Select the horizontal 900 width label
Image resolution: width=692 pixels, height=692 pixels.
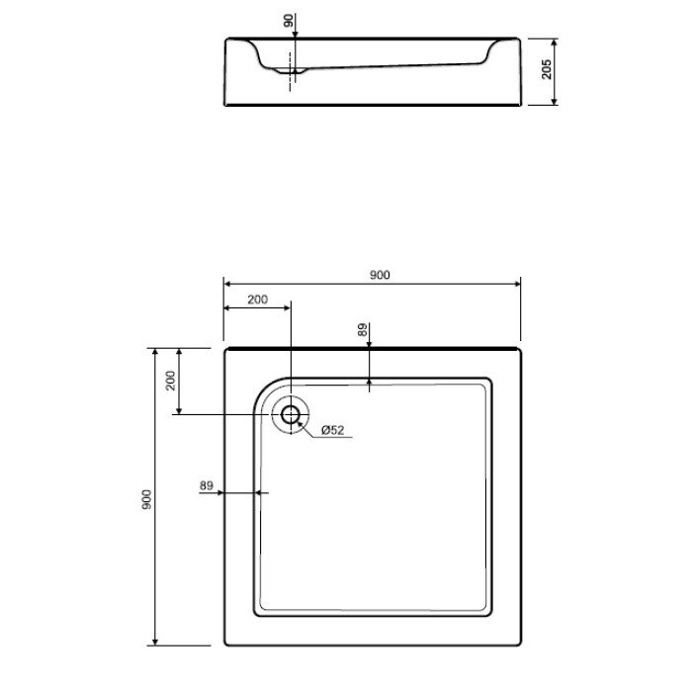(379, 276)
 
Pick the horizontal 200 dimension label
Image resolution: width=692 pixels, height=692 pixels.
(257, 299)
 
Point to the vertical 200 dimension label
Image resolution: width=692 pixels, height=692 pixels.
(170, 381)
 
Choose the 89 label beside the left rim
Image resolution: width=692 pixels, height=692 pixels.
(207, 485)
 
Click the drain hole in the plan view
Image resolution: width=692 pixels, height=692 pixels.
(291, 414)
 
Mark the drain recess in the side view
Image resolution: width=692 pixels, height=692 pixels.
(290, 70)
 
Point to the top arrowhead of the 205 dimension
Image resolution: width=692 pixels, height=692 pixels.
(555, 43)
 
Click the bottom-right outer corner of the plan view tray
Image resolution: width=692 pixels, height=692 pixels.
(520, 645)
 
